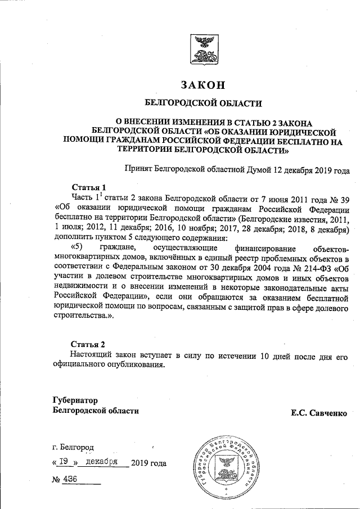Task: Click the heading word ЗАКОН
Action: point(203,85)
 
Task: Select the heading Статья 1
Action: point(88,187)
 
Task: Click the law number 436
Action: point(71,479)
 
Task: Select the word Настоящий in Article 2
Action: point(94,356)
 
